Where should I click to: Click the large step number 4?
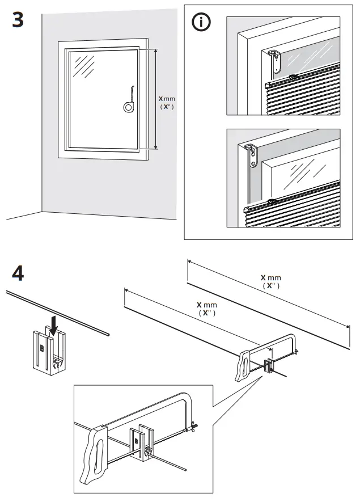point(18,275)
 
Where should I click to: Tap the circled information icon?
point(201,23)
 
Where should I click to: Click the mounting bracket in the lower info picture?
point(252,155)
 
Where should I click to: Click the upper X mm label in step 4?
point(270,281)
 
